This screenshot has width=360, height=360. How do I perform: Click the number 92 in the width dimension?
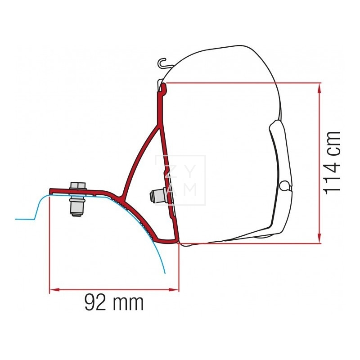click(x=96, y=303)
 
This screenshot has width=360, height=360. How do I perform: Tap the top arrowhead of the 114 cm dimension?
click(x=320, y=87)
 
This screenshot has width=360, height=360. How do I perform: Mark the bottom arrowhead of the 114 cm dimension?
click(x=320, y=239)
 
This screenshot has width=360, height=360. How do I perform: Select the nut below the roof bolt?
click(x=77, y=205)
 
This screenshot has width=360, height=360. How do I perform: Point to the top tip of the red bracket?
click(x=164, y=86)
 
